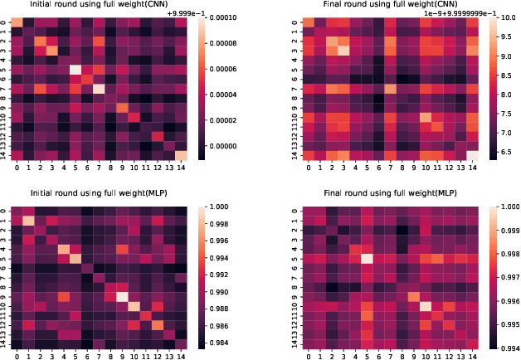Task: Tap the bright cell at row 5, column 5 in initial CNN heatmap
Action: click(75, 70)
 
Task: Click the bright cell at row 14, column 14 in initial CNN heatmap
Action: click(181, 155)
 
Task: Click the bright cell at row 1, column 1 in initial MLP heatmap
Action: click(28, 220)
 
